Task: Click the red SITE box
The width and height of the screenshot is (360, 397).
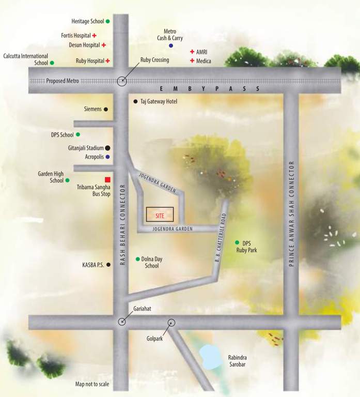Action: tap(160, 214)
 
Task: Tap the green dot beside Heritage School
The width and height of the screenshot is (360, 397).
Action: tap(107, 22)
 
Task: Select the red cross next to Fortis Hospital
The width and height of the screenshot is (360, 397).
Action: tap(95, 36)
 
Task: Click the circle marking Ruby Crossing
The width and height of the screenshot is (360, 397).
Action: tap(122, 81)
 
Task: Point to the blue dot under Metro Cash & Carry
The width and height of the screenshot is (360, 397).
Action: tap(171, 46)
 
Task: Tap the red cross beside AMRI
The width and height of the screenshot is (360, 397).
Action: tap(192, 52)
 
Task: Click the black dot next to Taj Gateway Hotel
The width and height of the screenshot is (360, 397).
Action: tap(135, 101)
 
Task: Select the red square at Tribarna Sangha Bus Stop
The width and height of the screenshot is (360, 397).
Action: tap(107, 179)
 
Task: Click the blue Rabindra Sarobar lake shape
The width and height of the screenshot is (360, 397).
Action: tap(210, 357)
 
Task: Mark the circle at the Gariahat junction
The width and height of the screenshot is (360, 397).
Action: tap(122, 322)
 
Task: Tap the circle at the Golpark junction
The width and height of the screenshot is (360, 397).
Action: tap(171, 323)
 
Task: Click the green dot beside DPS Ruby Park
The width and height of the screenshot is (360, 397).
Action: tap(237, 242)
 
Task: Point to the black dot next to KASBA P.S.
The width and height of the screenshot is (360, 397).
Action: tap(108, 265)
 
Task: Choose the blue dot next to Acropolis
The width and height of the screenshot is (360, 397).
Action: tap(108, 157)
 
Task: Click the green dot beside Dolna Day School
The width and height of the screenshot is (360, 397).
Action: tap(137, 259)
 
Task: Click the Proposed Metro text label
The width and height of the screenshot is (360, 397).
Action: tap(62, 81)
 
